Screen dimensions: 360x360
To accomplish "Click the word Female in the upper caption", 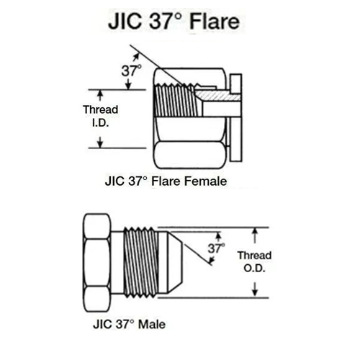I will pyautogui.click(x=206, y=181).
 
